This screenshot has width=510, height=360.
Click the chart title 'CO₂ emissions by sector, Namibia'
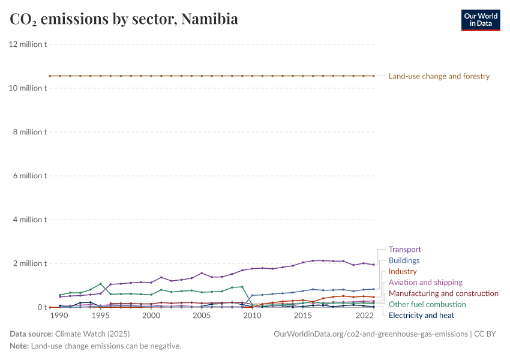click(x=124, y=19)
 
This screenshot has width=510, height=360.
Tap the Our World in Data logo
click(x=480, y=19)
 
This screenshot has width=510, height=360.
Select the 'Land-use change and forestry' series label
click(x=439, y=76)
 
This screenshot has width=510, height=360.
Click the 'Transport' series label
click(x=404, y=250)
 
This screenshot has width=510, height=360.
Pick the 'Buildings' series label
click(x=404, y=260)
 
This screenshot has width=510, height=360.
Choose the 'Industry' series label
click(x=403, y=272)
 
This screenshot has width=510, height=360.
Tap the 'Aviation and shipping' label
click(x=425, y=283)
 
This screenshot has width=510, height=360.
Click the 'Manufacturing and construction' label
click(x=443, y=293)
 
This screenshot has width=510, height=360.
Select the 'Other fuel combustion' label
click(x=427, y=304)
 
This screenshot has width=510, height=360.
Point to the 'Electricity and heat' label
click(x=421, y=315)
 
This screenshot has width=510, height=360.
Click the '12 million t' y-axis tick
click(x=28, y=44)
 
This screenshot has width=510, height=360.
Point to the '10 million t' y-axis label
click(x=28, y=88)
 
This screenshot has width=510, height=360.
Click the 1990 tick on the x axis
click(x=59, y=316)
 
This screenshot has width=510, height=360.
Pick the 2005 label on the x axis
click(x=202, y=316)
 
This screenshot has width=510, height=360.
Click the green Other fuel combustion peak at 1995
click(x=100, y=284)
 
